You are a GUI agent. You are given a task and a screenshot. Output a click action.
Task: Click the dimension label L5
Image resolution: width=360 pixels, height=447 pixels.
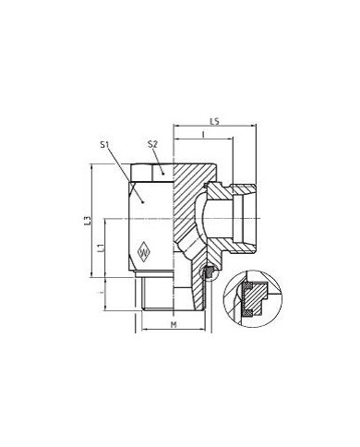click(213, 121)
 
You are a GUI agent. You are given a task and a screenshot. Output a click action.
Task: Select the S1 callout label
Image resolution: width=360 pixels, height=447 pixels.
click(105, 145)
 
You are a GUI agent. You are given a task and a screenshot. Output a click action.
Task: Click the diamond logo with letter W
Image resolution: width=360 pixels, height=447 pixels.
click(143, 248)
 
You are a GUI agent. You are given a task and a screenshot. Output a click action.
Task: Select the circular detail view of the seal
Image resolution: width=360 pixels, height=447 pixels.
click(255, 295)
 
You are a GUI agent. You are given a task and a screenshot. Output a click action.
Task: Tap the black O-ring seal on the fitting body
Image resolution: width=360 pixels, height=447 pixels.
click(208, 272)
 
